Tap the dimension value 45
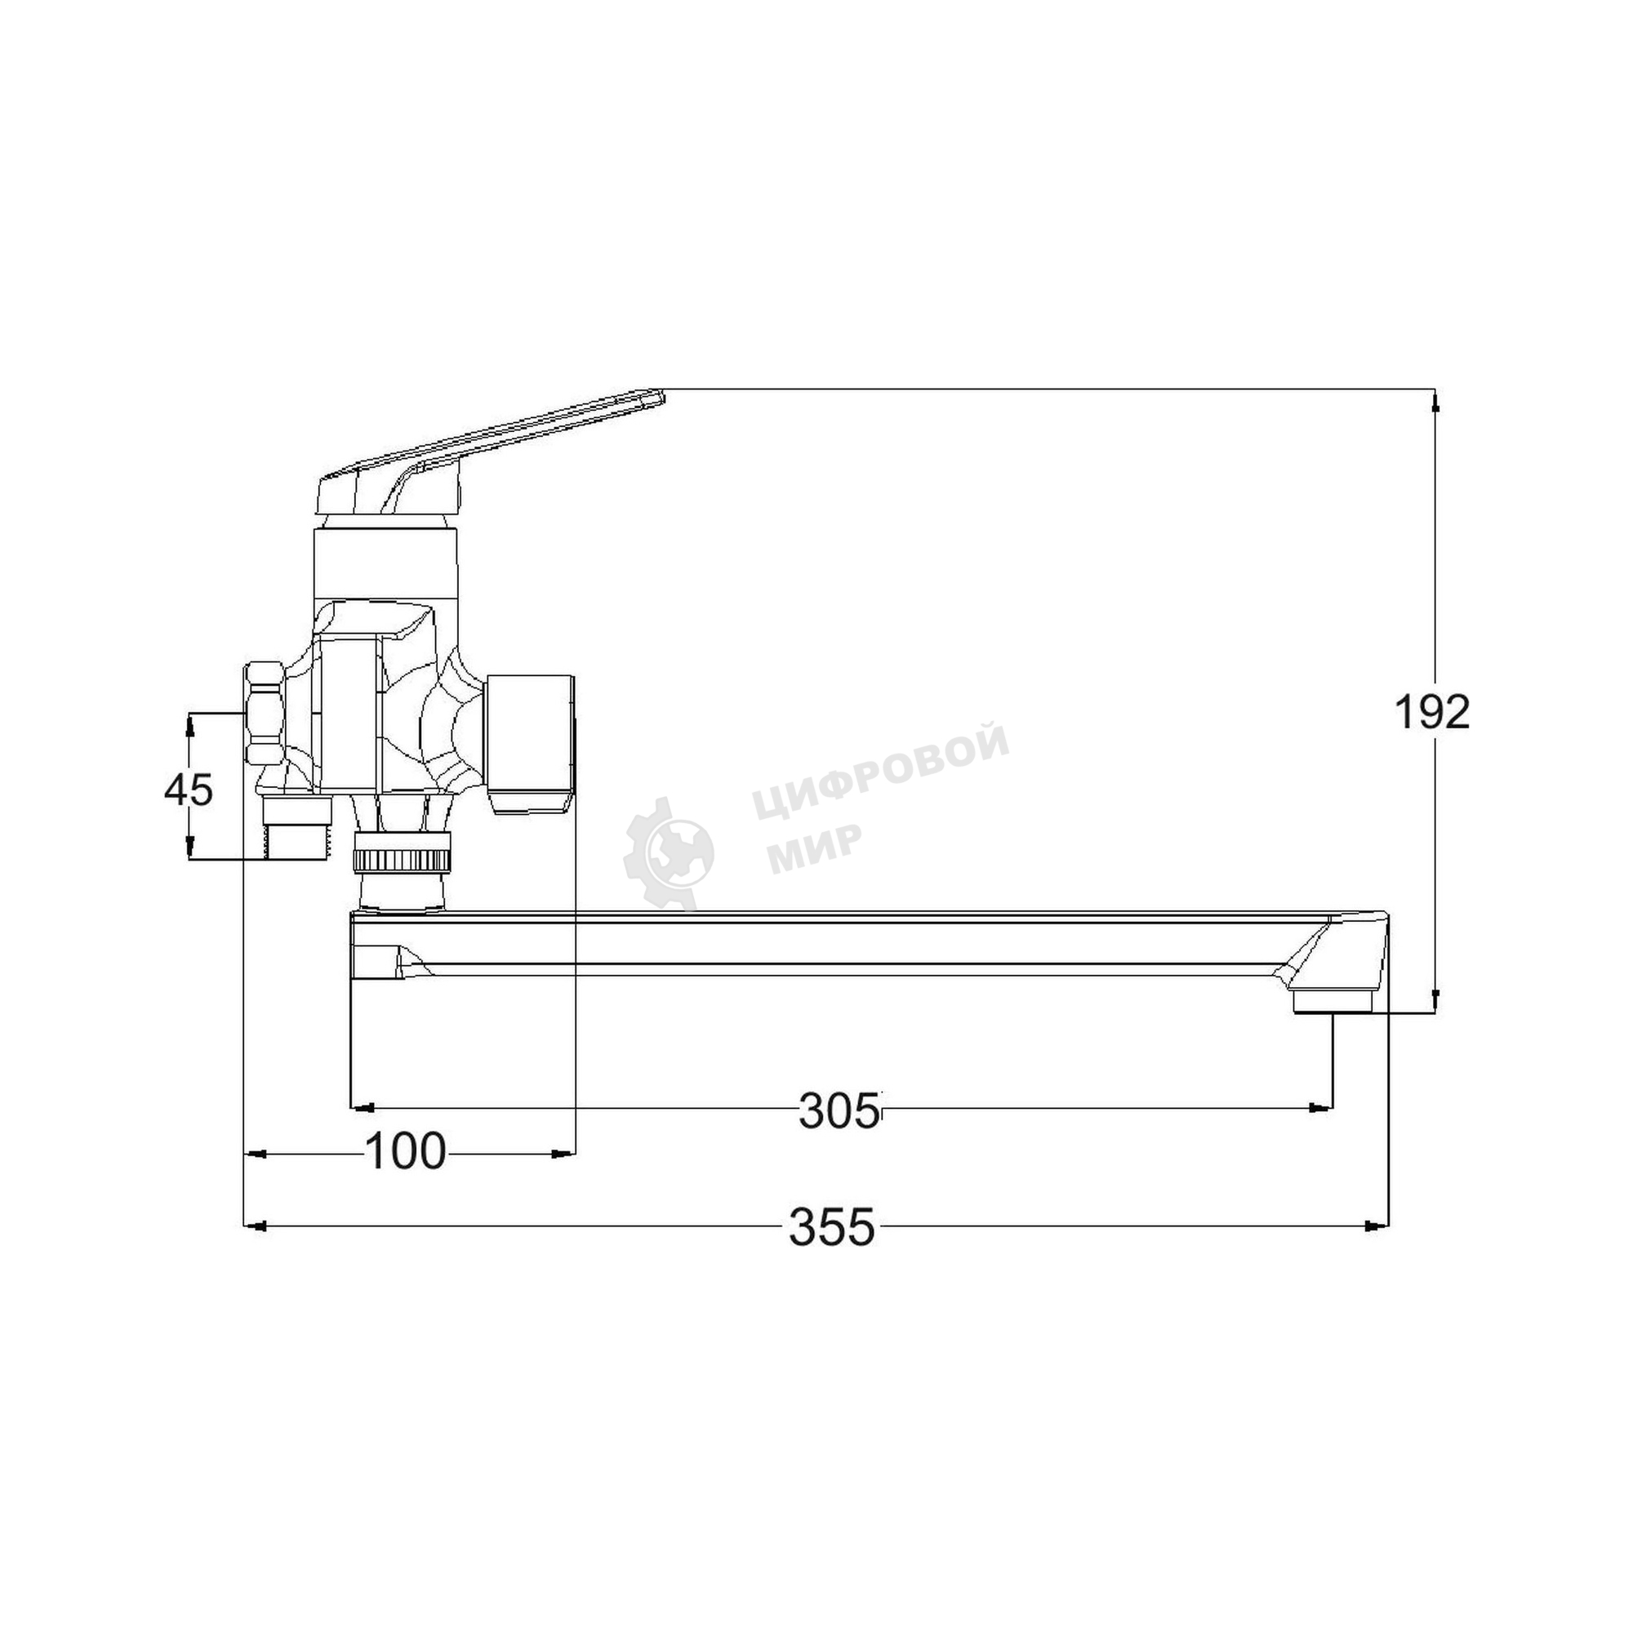click(189, 791)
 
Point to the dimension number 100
click(405, 1151)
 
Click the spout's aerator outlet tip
click(1334, 1003)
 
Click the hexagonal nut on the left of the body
click(265, 714)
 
